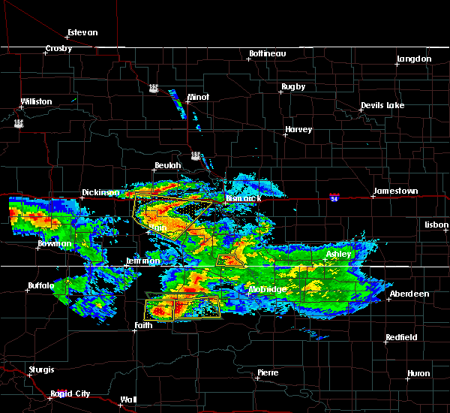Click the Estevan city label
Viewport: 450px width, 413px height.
tap(82, 32)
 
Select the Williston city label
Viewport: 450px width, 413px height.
tap(36, 101)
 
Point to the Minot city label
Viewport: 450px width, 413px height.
tap(198, 97)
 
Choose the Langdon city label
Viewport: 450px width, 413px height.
tap(414, 59)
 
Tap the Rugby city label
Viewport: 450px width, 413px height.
tap(293, 86)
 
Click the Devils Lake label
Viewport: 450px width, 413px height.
tap(382, 105)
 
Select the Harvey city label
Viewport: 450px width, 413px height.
tap(298, 130)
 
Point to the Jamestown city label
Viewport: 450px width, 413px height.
tap(397, 191)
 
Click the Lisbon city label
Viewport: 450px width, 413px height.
tap(435, 225)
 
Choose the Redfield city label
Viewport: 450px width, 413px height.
tap(401, 338)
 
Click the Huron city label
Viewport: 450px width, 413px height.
tap(419, 373)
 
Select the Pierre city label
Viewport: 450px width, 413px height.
tap(268, 372)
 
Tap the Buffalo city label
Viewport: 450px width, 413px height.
tap(40, 285)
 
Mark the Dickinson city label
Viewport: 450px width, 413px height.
tap(100, 192)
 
